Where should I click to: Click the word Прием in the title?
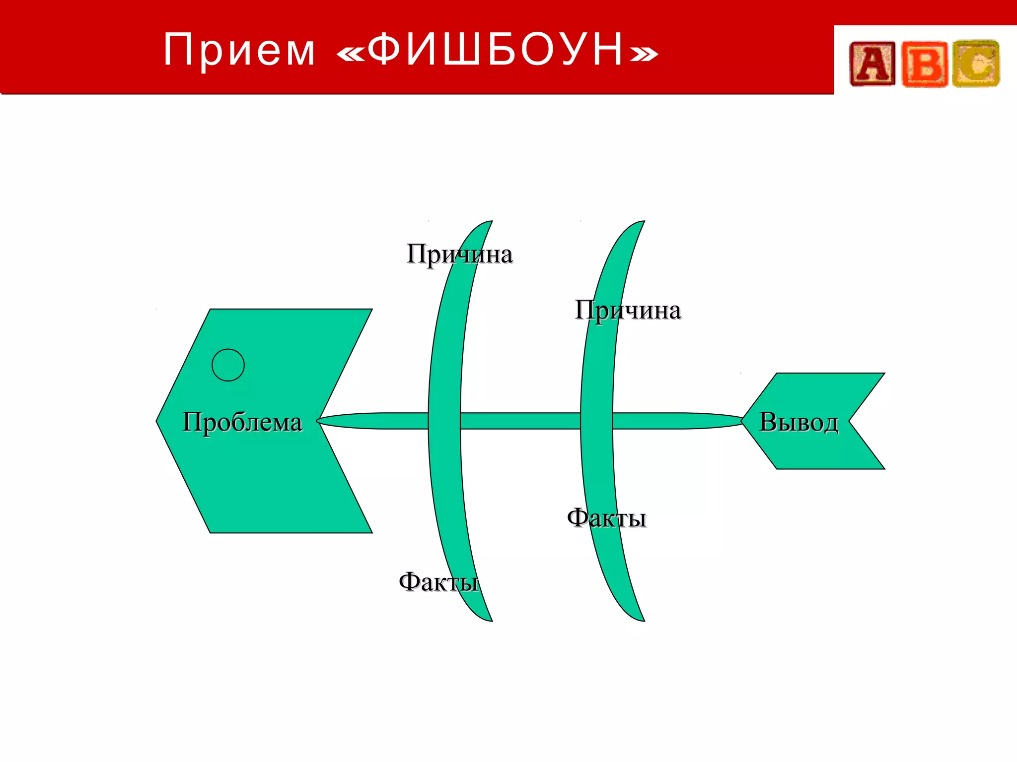pyautogui.click(x=239, y=50)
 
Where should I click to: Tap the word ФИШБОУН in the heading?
pyautogui.click(x=496, y=50)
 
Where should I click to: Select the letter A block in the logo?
pyautogui.click(x=872, y=64)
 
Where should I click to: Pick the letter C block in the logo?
pyautogui.click(x=976, y=64)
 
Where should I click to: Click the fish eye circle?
pyautogui.click(x=228, y=365)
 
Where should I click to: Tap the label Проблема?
pyautogui.click(x=242, y=422)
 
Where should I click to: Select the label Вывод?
pyautogui.click(x=799, y=422)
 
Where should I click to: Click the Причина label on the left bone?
pyautogui.click(x=459, y=254)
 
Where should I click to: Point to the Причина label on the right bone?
pyautogui.click(x=628, y=311)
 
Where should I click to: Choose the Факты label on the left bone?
pyautogui.click(x=438, y=581)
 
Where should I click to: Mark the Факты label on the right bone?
pyautogui.click(x=606, y=518)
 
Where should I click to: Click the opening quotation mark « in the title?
pyautogui.click(x=351, y=54)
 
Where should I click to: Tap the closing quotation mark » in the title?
pyautogui.click(x=644, y=54)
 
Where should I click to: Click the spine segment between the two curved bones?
pyautogui.click(x=520, y=421)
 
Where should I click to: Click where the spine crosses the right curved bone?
pyautogui.click(x=596, y=421)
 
